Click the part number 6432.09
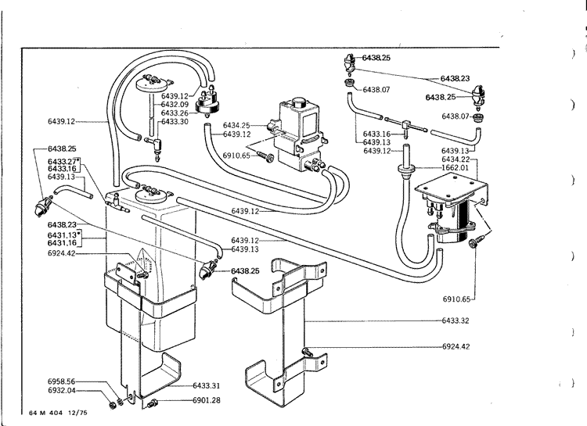(175, 104)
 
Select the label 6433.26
(175, 113)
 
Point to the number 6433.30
(175, 121)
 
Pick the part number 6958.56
(62, 381)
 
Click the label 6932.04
(62, 390)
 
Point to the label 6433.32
(456, 320)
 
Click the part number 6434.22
(455, 159)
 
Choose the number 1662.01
(455, 167)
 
